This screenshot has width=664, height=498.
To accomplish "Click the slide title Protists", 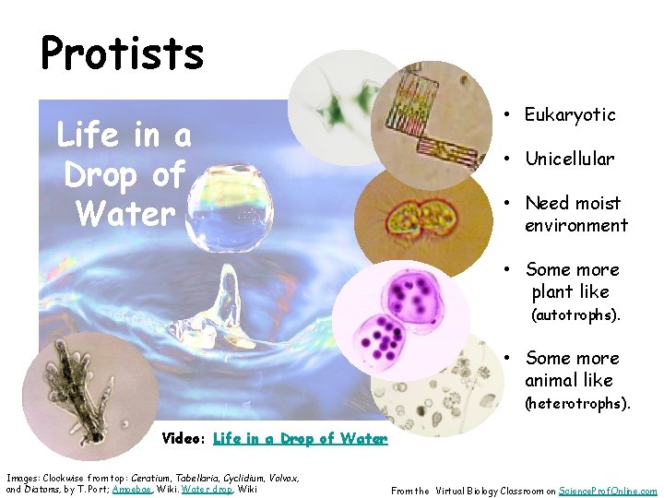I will [122, 53].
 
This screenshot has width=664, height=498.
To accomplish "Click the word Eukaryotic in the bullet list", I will [570, 114].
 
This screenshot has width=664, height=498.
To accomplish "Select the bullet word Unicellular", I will [569, 159].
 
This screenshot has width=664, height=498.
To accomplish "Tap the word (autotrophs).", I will [575, 315].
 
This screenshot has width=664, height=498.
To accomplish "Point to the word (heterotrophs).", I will [577, 403].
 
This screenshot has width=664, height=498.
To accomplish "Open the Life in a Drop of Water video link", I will [300, 439].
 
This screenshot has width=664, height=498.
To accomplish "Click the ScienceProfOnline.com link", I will [608, 491].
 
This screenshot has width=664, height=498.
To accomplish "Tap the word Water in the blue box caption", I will [125, 214].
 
